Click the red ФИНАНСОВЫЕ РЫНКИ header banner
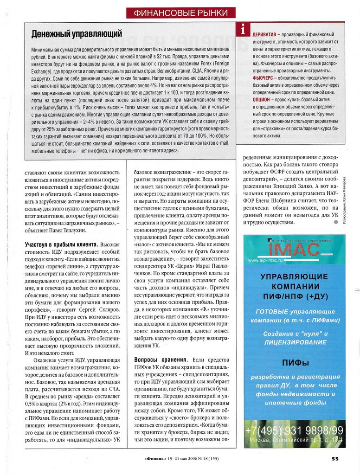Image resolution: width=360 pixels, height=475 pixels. point(180,13)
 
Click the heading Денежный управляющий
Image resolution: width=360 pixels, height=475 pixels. point(77,34)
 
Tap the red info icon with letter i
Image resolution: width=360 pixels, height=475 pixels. point(243,30)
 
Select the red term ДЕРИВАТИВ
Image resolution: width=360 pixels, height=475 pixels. point(264,35)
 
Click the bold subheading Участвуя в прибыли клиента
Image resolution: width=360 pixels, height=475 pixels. point(61,244)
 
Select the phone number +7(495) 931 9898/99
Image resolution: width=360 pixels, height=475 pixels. point(295,431)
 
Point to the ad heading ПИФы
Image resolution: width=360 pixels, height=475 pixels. point(294,362)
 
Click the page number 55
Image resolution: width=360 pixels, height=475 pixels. point(335,459)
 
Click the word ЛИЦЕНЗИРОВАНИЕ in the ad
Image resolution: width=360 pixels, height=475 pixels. point(294,342)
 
